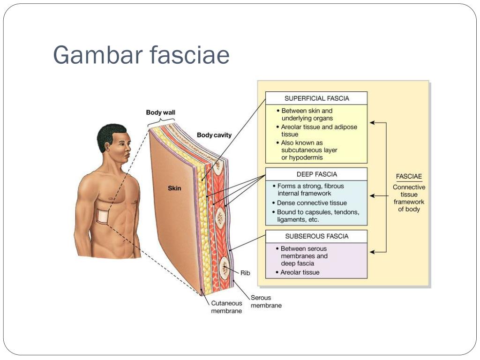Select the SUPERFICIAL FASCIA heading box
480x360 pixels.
click(316, 98)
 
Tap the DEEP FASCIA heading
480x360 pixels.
click(316, 174)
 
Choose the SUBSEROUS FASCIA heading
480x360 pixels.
click(316, 236)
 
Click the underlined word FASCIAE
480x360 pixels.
click(409, 176)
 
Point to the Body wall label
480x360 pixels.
click(160, 112)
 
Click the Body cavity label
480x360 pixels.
click(214, 135)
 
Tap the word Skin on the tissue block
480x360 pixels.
click(174, 188)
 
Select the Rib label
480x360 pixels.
click(245, 273)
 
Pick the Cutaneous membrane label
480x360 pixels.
click(226, 307)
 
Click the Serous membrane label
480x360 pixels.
click(266, 301)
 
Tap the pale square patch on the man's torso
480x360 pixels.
click(103, 216)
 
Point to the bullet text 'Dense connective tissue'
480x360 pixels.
click(312, 203)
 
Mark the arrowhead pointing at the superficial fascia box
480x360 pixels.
click(372, 123)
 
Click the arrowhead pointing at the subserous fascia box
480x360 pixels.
click(372, 252)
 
